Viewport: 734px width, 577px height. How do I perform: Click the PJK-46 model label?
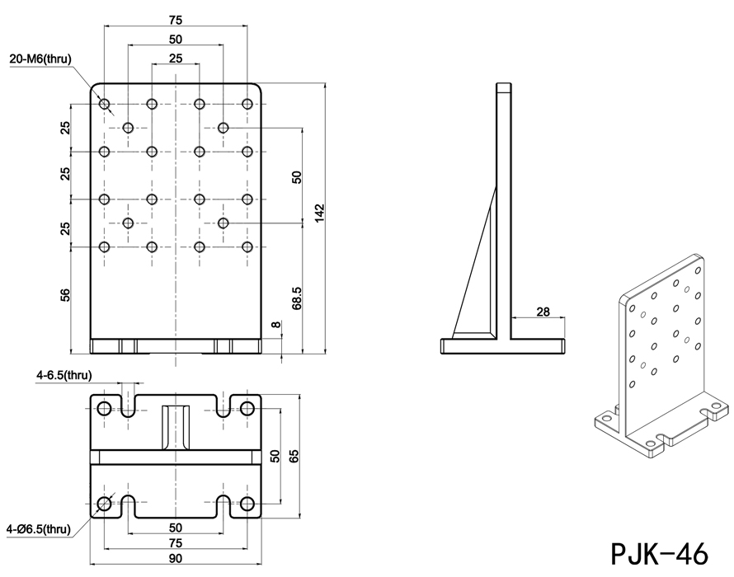coord(658,551)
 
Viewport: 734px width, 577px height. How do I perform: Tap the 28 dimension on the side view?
coord(542,311)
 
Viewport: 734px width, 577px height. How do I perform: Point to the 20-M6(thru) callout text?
coord(42,59)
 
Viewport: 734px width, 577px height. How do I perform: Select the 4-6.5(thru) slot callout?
coord(64,376)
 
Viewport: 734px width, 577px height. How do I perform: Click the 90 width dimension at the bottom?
coord(175,558)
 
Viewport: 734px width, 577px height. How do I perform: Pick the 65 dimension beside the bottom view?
coord(296,457)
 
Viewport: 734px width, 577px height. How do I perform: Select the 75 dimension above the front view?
coord(175,21)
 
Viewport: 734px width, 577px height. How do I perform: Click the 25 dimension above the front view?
coord(175,59)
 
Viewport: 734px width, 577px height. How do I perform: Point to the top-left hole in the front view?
coord(104,104)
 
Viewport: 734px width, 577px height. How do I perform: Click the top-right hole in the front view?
coord(247,104)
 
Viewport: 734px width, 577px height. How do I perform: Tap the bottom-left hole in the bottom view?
coord(104,504)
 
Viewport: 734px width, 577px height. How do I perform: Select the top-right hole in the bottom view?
coord(247,408)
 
